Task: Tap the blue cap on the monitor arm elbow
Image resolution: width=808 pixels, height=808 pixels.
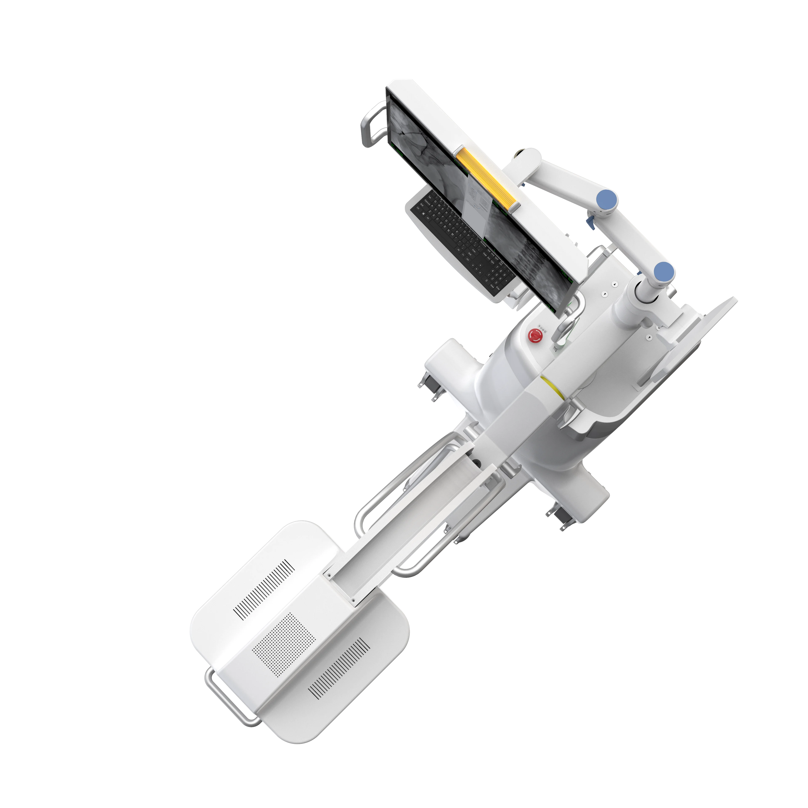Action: [606, 200]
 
